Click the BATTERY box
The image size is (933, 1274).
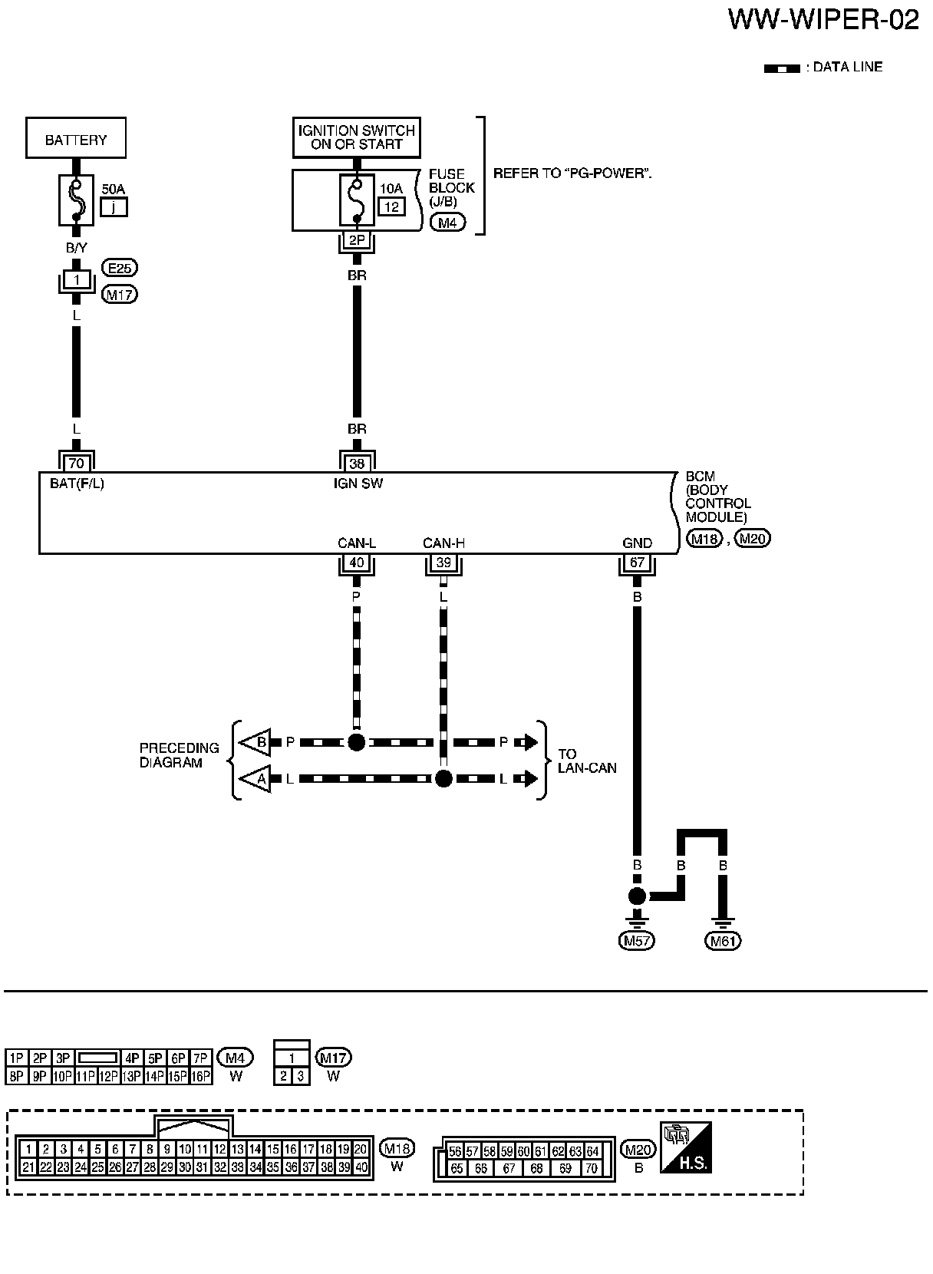coord(76,139)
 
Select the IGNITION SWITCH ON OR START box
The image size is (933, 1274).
coord(357,137)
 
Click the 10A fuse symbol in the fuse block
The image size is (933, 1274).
coord(357,200)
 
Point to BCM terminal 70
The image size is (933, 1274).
coord(76,463)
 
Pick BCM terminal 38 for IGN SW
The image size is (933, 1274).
coord(357,463)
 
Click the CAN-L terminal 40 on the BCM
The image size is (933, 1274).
coord(357,563)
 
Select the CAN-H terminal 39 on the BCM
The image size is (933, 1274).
coord(443,563)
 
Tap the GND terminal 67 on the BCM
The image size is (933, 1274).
coord(637,563)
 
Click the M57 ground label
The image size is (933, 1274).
coord(637,941)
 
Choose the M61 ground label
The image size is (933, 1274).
coord(723,941)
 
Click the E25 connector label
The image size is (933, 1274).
coord(119,269)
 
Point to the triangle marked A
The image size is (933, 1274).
coord(257,779)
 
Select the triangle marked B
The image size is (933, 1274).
coord(257,742)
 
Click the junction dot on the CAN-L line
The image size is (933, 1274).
coord(357,742)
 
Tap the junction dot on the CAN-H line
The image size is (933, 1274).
coord(443,779)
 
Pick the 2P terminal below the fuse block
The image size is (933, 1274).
coord(357,241)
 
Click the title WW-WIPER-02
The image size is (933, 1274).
coord(823,21)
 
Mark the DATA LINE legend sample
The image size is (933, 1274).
coord(782,68)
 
